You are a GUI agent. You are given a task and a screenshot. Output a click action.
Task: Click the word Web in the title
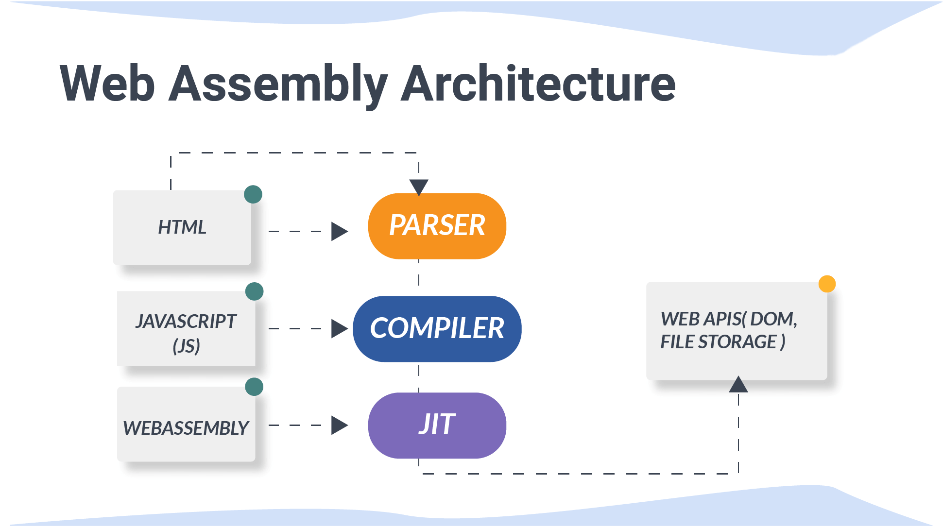[107, 84]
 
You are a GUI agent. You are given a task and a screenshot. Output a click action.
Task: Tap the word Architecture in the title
[538, 84]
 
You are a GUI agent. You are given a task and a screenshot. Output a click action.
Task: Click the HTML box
[182, 227]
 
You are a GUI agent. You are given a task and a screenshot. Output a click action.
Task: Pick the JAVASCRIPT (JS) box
[186, 329]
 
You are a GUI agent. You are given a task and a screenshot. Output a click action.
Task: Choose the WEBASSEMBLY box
[186, 424]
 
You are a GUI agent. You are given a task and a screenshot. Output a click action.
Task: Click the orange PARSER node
[437, 226]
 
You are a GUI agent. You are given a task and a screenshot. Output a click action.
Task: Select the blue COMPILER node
[437, 329]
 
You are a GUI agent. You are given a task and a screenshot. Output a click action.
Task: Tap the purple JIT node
[437, 426]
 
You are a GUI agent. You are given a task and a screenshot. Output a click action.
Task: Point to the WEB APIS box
[737, 331]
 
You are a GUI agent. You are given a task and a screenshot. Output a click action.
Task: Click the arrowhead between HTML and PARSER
[340, 231]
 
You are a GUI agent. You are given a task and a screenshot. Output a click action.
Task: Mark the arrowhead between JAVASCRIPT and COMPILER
[340, 328]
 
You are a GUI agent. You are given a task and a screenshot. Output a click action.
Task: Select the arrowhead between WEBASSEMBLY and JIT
[340, 425]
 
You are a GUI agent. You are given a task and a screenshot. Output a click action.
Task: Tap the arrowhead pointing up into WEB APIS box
[738, 384]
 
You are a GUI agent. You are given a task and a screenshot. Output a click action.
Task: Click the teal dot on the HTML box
[253, 194]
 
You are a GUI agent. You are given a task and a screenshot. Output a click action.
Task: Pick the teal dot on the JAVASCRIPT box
[255, 291]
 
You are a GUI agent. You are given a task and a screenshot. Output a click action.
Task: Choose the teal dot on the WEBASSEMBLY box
[255, 387]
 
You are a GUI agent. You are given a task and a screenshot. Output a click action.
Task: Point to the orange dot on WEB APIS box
[827, 284]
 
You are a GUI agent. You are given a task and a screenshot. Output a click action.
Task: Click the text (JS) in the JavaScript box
[186, 346]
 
